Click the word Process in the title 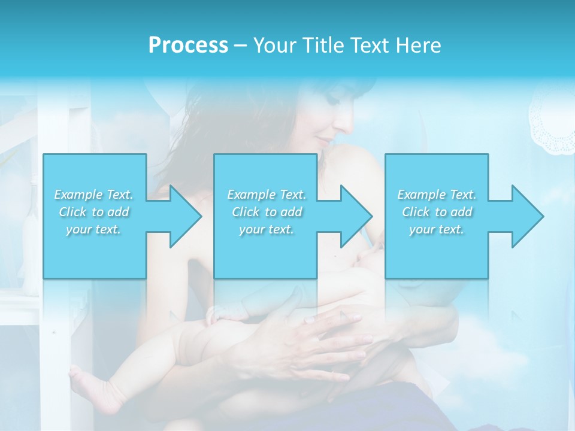(188, 45)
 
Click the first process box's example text (94, 211)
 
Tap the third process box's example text (437, 211)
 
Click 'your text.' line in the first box (94, 229)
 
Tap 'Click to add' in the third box (437, 211)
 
